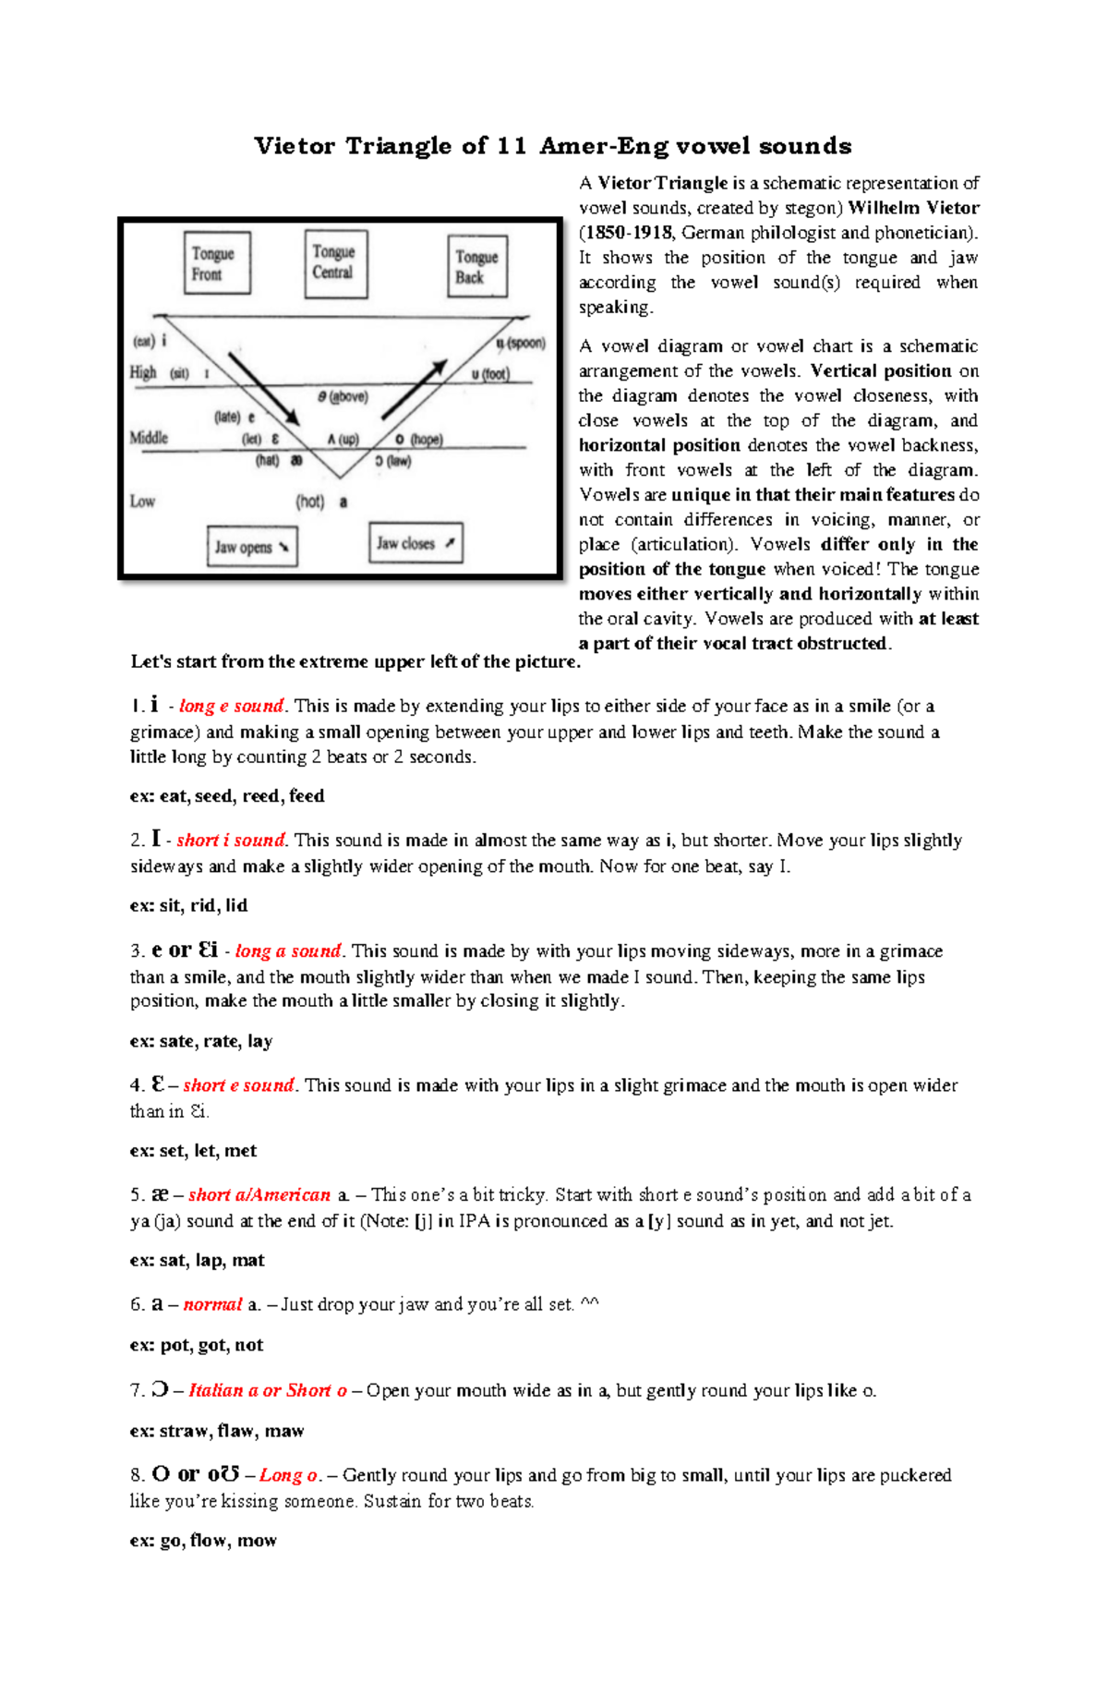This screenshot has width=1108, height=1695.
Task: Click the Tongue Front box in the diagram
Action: click(217, 263)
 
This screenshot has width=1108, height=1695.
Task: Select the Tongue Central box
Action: click(336, 263)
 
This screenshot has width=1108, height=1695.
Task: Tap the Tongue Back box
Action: click(477, 267)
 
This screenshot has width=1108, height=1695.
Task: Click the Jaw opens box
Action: click(252, 547)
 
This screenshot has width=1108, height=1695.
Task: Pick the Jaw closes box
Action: click(415, 543)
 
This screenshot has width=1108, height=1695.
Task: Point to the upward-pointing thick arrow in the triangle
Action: click(415, 389)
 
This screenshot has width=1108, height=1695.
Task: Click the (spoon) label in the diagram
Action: click(526, 344)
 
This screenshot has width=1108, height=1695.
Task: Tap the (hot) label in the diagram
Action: click(310, 502)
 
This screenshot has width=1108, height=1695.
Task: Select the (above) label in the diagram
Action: click(348, 397)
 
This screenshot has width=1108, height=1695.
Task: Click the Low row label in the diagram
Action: click(142, 502)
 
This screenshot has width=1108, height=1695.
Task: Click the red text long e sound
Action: click(231, 707)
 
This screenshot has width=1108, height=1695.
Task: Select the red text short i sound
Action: click(231, 841)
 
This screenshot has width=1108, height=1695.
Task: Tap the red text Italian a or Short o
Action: click(268, 1391)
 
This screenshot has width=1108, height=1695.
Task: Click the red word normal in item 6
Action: click(212, 1305)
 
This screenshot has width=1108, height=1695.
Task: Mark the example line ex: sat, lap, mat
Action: click(197, 1261)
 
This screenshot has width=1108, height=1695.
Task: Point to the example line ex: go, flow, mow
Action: click(203, 1541)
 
